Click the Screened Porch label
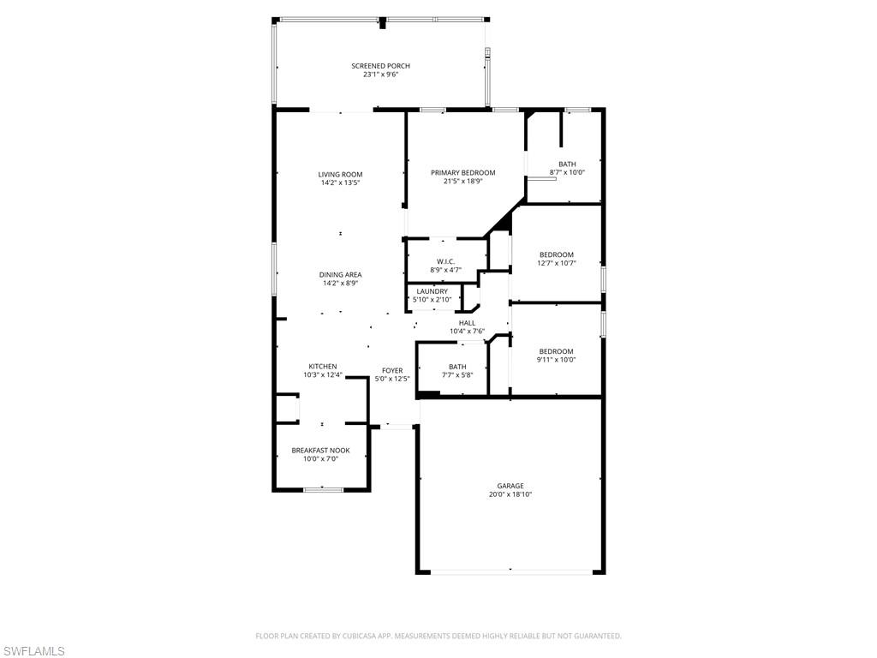coord(380,66)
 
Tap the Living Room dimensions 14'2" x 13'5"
coord(341,183)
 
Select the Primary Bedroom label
coord(462,172)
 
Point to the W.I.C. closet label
coord(445,261)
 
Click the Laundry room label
coord(433,291)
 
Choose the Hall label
coord(467,323)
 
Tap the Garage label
coord(510,486)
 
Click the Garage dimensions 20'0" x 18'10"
coord(510,495)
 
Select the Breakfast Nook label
coord(320,450)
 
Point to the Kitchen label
coord(323,366)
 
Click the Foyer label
coord(392,370)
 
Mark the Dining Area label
coord(341,275)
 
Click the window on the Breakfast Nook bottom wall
coord(324,489)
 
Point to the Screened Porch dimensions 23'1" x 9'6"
coord(380,75)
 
